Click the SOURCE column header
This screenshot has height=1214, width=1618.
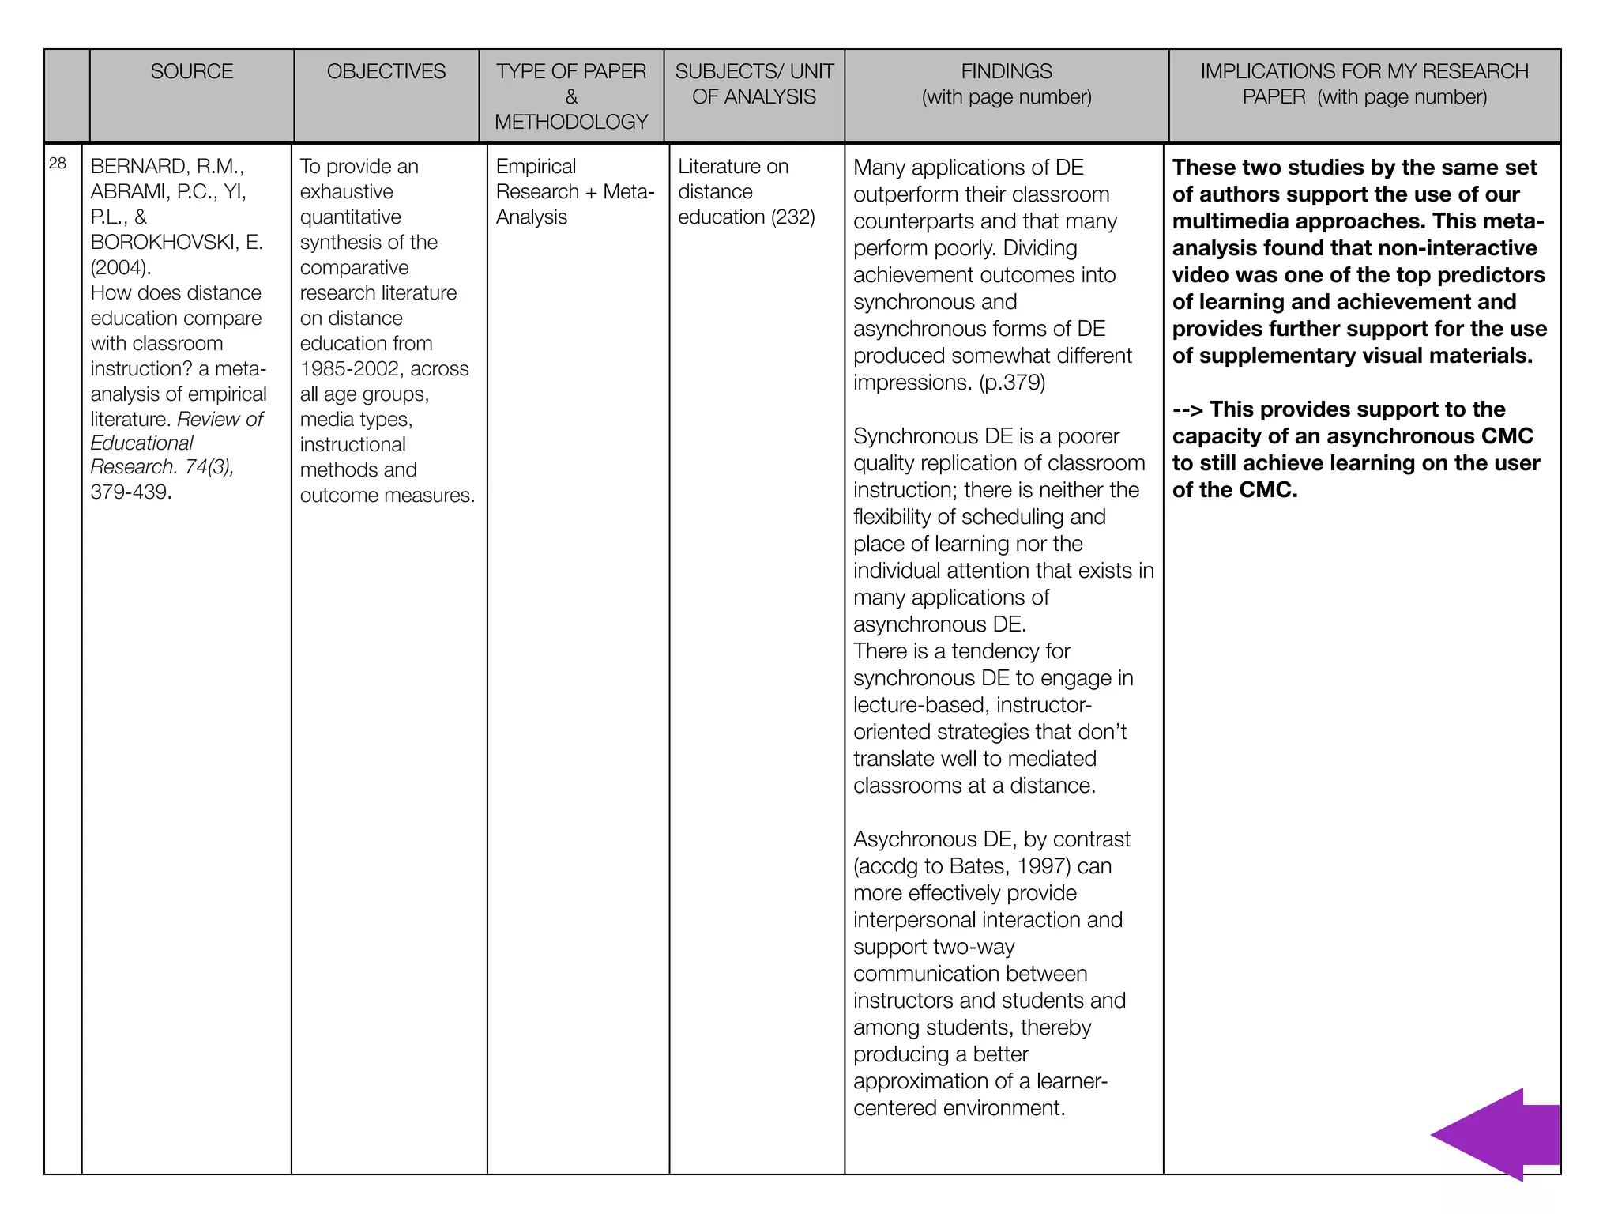point(192,72)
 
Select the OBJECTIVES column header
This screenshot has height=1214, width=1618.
point(386,72)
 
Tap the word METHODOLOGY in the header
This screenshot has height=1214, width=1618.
point(571,123)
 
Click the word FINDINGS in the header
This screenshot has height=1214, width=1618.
point(1007,72)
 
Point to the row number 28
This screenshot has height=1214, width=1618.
point(58,164)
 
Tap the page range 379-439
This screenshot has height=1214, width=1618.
point(131,492)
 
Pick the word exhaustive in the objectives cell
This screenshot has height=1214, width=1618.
point(346,192)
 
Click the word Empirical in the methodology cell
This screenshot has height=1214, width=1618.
point(536,167)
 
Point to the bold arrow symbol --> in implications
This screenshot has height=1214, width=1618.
point(1187,410)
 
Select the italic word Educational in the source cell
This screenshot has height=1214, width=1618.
point(142,443)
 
